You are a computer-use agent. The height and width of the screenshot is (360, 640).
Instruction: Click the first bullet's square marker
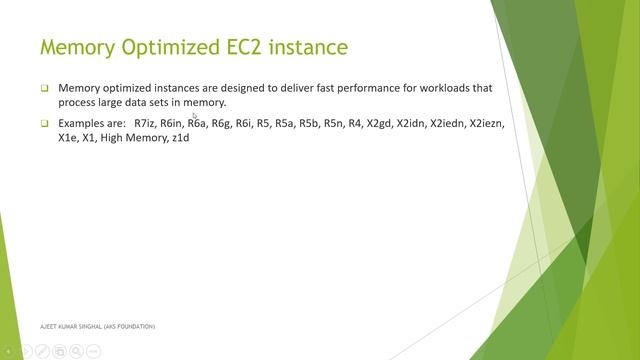click(x=44, y=88)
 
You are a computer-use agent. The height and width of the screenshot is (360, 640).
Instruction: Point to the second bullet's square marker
click(x=44, y=123)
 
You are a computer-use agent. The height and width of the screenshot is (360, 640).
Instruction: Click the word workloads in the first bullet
click(x=435, y=88)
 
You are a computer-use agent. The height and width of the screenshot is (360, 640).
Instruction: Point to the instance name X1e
click(x=69, y=137)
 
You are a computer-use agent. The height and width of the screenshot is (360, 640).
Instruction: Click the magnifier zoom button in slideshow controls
click(x=76, y=351)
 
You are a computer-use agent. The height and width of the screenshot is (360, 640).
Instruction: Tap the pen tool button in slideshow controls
click(x=43, y=351)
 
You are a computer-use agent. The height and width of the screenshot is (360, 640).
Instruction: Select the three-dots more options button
click(x=93, y=351)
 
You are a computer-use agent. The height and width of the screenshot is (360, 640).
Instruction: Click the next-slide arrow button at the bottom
click(x=27, y=351)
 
